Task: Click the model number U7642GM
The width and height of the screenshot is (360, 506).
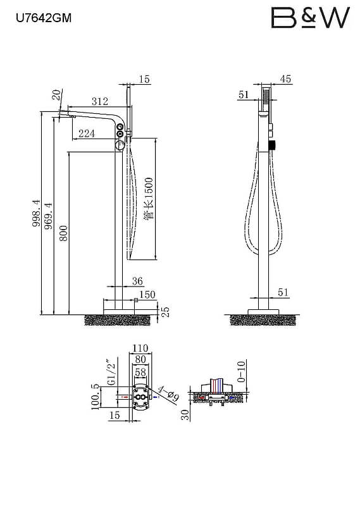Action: click(44, 18)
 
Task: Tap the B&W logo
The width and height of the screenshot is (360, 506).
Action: click(310, 18)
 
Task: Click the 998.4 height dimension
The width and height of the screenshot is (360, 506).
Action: click(37, 213)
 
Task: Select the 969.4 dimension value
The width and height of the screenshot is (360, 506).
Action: click(48, 216)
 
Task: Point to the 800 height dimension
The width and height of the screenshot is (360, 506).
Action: click(64, 233)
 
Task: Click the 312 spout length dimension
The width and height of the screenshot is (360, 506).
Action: click(100, 101)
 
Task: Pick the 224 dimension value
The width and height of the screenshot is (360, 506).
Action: click(87, 133)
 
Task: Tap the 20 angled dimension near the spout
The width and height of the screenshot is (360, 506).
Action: click(56, 95)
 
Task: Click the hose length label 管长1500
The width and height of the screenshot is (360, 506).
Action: click(149, 199)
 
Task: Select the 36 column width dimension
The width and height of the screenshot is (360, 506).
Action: click(137, 281)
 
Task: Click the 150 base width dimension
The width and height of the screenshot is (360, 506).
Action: click(147, 295)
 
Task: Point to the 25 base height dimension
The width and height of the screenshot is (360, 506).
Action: click(164, 311)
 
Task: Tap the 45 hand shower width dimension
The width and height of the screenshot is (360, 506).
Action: click(286, 78)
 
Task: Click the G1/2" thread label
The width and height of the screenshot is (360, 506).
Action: click(111, 372)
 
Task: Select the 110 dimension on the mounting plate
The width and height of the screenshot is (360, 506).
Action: click(140, 349)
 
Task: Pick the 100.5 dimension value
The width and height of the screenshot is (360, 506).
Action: click(96, 397)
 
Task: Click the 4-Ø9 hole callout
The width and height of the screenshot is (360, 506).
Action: click(169, 394)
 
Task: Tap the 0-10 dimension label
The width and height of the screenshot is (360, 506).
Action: click(241, 372)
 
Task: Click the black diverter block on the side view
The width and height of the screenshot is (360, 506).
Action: click(273, 146)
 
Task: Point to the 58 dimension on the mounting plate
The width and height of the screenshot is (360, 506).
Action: click(140, 373)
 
